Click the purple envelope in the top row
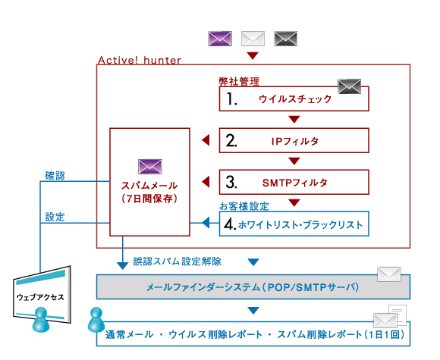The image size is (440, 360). [x=220, y=39]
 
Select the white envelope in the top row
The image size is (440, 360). [x=253, y=39]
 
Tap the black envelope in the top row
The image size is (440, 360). [x=285, y=39]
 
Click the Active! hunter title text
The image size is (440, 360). [x=140, y=60]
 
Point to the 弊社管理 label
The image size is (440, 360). [x=239, y=82]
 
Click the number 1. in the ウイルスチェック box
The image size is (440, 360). [x=232, y=99]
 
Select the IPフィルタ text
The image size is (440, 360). [x=294, y=141]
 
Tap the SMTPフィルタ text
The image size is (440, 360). [x=294, y=183]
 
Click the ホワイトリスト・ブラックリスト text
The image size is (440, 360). [x=300, y=224]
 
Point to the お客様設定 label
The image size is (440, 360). [x=244, y=206]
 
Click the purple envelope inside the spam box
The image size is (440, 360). [x=150, y=167]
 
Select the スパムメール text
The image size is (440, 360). [x=149, y=186]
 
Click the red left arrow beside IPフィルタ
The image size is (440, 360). [x=206, y=140]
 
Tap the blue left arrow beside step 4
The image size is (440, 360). [x=206, y=223]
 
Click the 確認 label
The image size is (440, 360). [x=55, y=176]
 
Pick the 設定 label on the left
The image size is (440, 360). [x=55, y=217]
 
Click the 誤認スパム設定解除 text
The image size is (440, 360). [x=177, y=261]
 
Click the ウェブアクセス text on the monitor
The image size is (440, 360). [x=40, y=297]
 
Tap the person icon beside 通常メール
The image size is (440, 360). [x=96, y=320]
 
